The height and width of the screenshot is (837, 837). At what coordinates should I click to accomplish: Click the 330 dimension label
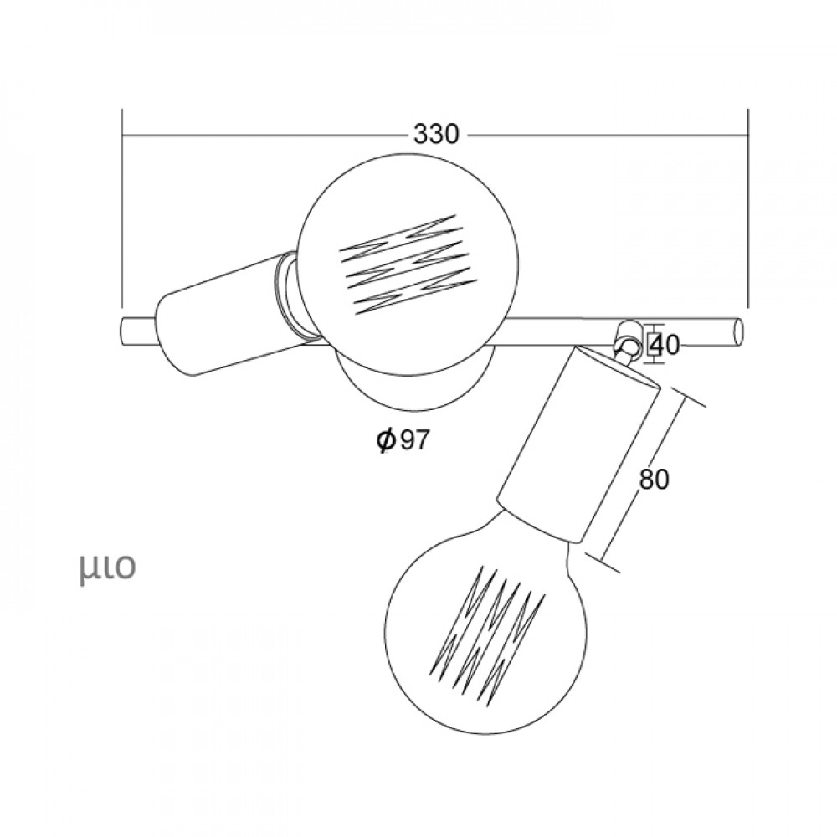click(436, 134)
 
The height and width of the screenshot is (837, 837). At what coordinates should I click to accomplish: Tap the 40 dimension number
click(665, 346)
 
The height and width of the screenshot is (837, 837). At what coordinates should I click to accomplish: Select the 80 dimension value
click(654, 480)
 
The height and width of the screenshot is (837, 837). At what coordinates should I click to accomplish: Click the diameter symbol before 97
click(385, 440)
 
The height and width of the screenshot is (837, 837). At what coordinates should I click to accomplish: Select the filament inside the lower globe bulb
click(487, 630)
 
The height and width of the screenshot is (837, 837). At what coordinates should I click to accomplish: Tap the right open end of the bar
click(739, 331)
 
